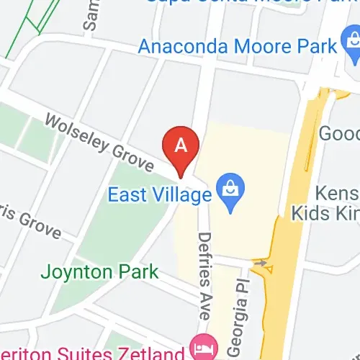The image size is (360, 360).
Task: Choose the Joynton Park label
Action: click(x=99, y=273)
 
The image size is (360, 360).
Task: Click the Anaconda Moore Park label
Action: click(x=238, y=47)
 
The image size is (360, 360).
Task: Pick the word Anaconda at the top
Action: click(x=181, y=47)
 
